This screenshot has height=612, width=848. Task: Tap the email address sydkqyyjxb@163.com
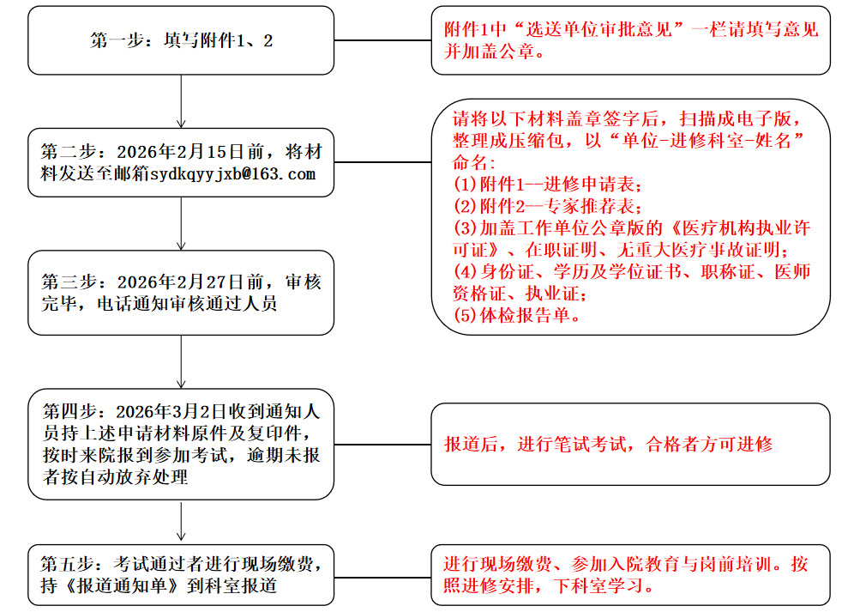pyautogui.click(x=232, y=174)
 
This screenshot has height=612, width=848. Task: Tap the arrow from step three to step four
pyautogui.click(x=181, y=361)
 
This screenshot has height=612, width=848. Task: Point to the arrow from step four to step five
pyautogui.click(x=181, y=522)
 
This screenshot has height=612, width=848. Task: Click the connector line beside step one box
pyautogui.click(x=382, y=40)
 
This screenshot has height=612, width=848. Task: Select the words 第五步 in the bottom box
pyautogui.click(x=64, y=565)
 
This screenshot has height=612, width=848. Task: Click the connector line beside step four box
pyautogui.click(x=382, y=445)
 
